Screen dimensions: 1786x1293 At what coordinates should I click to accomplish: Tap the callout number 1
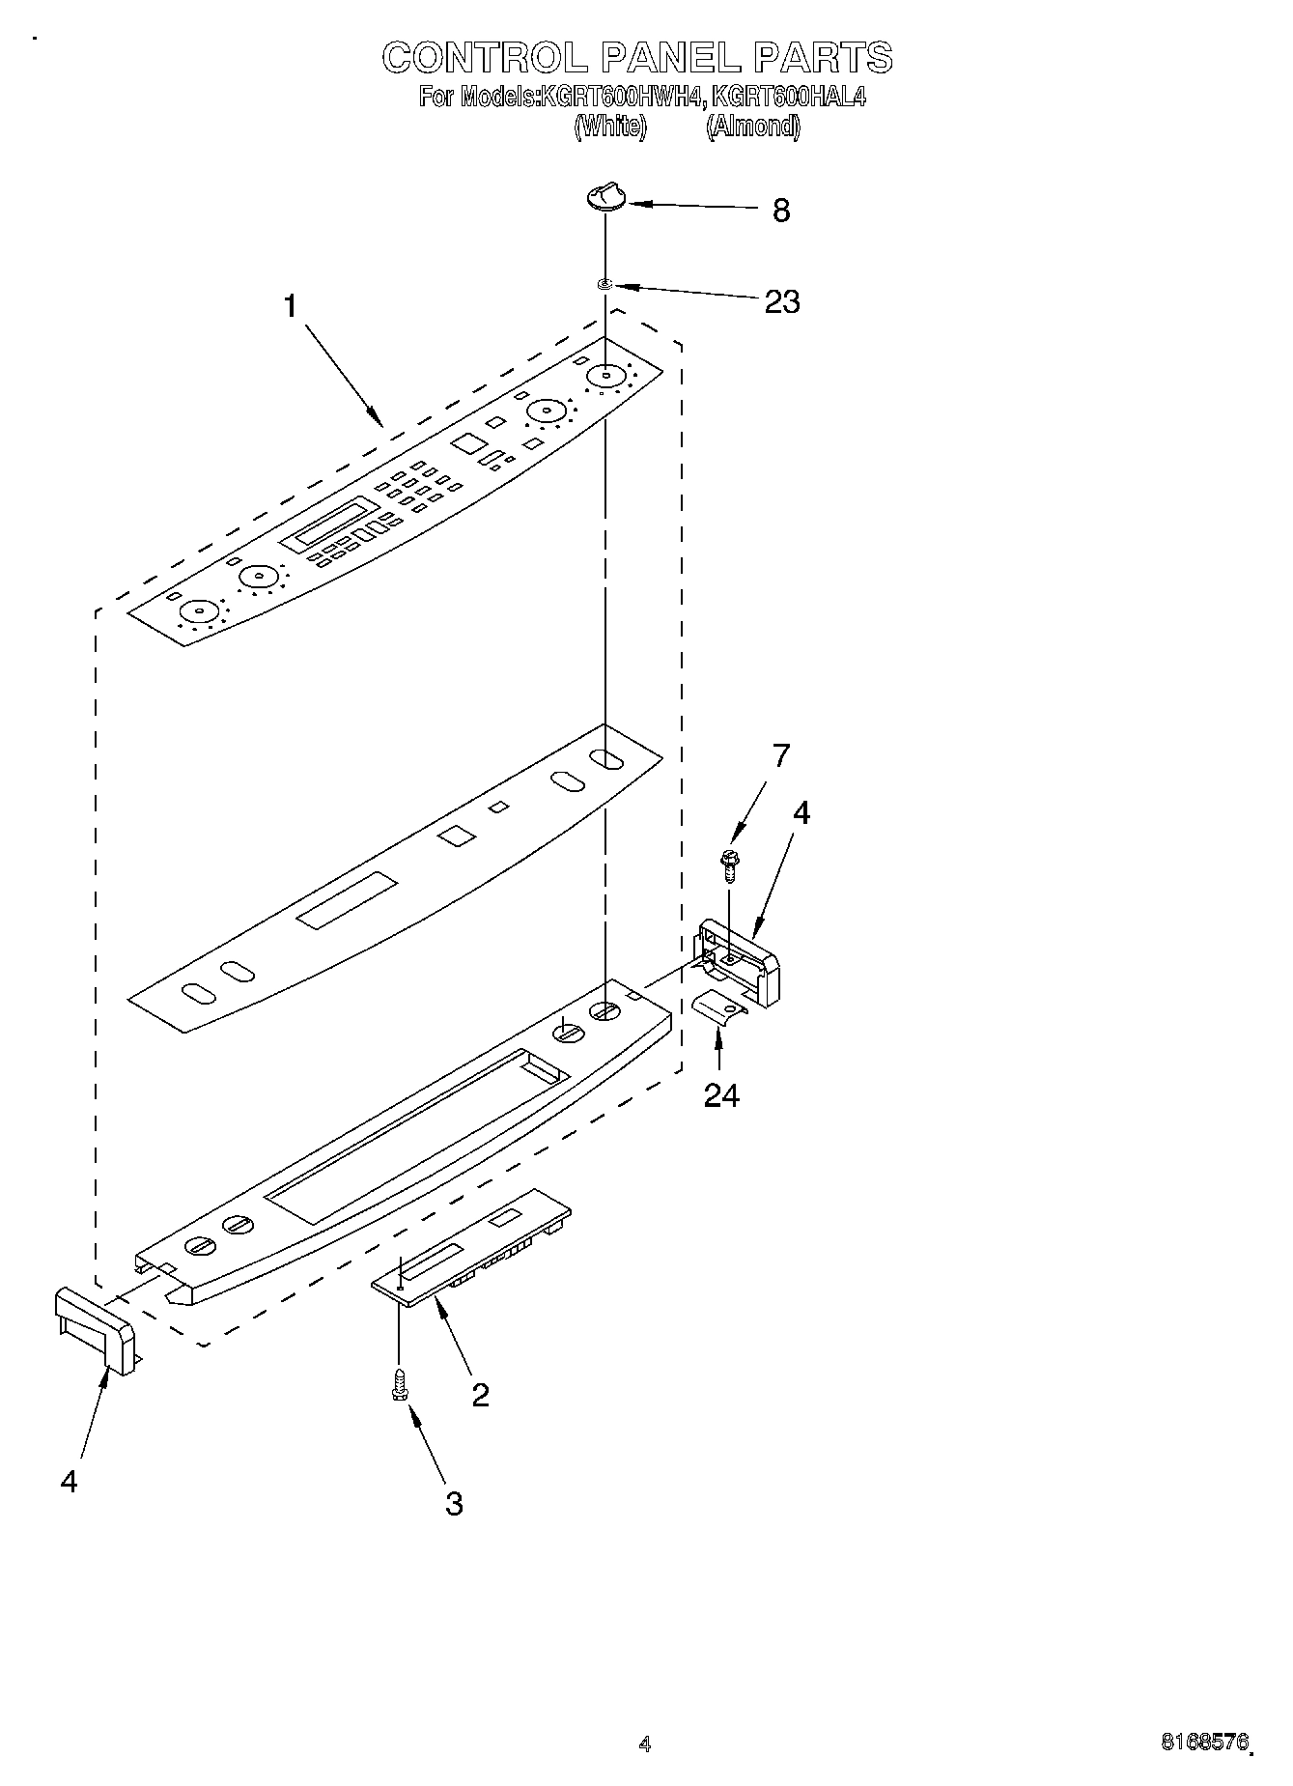(290, 306)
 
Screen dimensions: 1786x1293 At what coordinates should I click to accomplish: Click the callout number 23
(781, 302)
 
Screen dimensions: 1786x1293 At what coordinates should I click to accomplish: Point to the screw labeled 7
(730, 863)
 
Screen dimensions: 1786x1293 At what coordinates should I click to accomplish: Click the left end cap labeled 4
(95, 1328)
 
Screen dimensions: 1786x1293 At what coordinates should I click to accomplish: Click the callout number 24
(720, 1095)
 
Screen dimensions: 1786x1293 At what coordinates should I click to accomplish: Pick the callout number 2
(480, 1395)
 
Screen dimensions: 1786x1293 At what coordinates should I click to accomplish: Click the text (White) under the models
(609, 127)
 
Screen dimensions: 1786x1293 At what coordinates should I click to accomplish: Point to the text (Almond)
(752, 127)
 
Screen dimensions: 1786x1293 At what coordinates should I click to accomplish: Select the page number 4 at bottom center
(645, 1743)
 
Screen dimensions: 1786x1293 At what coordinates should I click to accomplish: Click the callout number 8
(781, 211)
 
